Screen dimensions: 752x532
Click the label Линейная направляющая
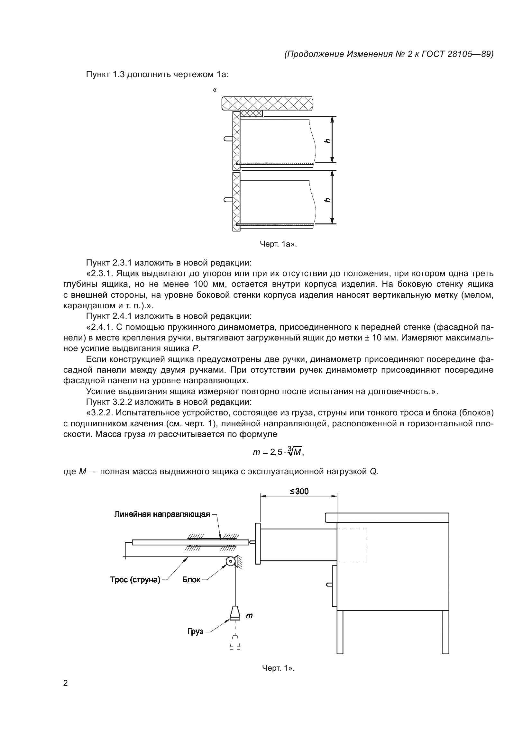[x=162, y=514]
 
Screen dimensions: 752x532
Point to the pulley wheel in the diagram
[x=230, y=562]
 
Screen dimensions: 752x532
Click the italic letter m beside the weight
[x=249, y=616]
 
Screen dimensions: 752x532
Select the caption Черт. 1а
[x=278, y=244]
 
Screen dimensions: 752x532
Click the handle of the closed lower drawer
[x=329, y=584]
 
